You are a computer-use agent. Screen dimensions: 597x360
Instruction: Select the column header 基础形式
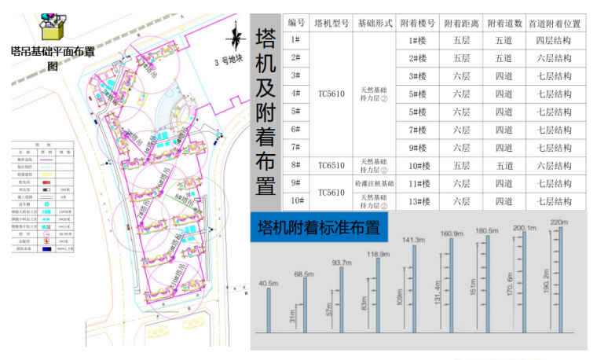click(374, 22)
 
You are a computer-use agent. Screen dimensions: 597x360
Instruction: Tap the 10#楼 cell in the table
click(417, 166)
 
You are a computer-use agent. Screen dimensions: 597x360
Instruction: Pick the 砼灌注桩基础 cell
click(374, 183)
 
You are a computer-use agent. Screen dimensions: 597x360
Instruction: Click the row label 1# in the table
click(295, 40)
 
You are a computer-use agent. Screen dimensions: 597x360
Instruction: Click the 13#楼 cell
click(417, 201)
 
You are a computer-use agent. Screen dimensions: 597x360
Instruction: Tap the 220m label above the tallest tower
click(559, 222)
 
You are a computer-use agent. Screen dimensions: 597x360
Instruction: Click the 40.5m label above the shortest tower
click(269, 284)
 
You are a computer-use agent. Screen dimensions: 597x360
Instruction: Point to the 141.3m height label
click(413, 239)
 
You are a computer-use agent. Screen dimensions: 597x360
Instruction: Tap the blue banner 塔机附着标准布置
click(319, 228)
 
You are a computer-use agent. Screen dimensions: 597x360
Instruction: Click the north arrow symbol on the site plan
click(234, 39)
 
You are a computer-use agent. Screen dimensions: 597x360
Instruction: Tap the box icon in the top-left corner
click(52, 25)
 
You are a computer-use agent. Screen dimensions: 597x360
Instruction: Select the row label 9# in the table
click(295, 183)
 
